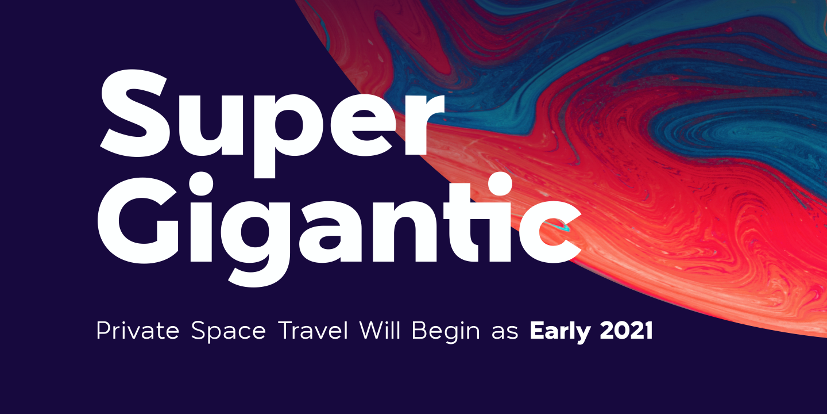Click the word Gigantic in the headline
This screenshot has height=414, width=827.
coord(339,229)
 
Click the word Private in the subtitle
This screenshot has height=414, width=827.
coord(138,330)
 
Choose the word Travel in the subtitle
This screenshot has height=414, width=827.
coord(314,330)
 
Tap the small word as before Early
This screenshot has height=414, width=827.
coord(505,333)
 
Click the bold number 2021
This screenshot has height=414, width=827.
coord(627,330)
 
